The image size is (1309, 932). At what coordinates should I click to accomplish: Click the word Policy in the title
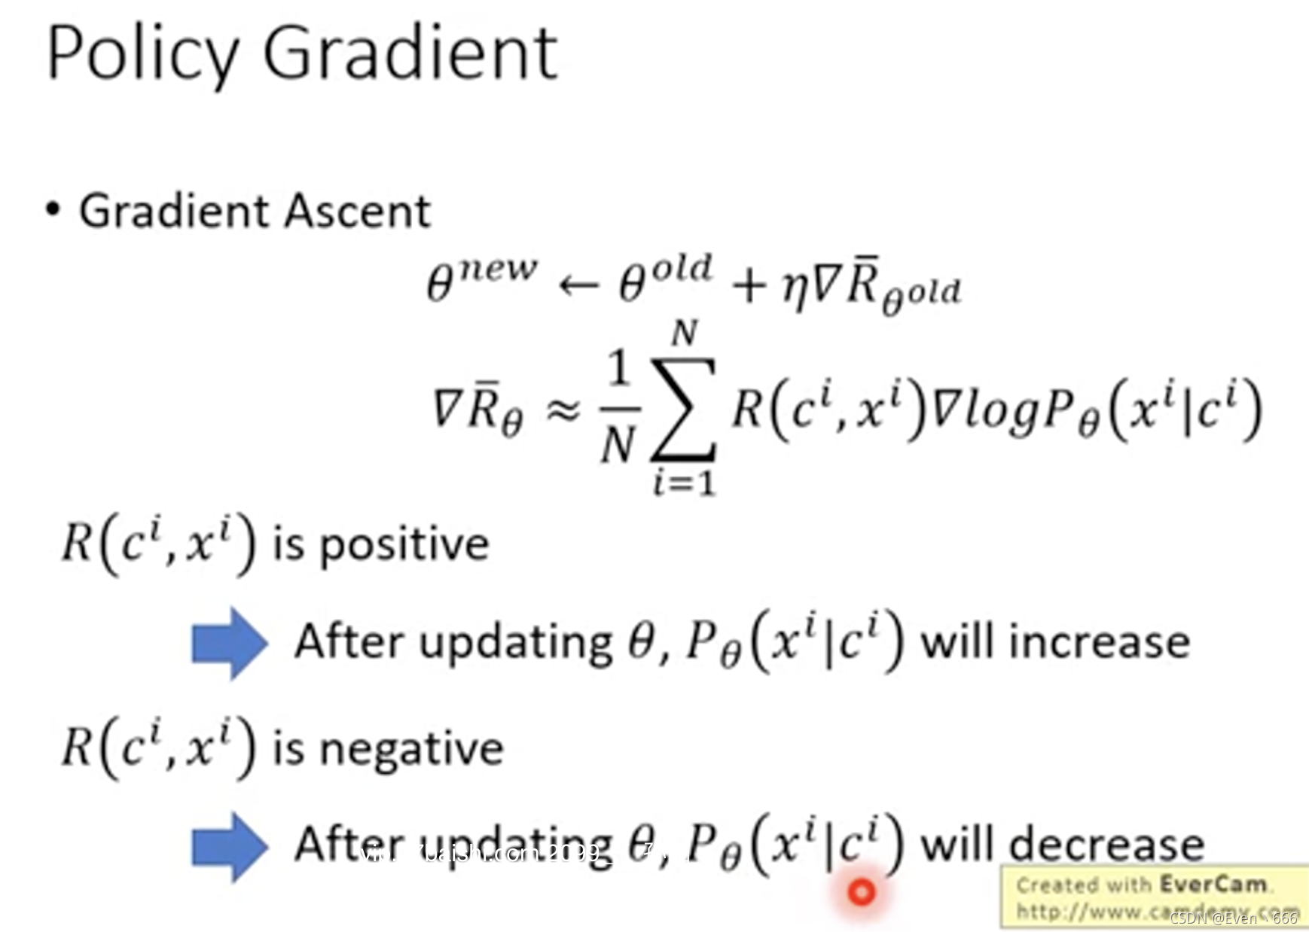[142, 54]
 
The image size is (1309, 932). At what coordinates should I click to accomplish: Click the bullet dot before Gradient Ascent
[52, 209]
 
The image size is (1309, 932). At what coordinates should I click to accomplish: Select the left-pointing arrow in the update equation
[578, 285]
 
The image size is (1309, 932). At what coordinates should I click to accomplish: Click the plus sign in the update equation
[749, 287]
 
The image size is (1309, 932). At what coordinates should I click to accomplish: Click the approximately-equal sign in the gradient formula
[563, 410]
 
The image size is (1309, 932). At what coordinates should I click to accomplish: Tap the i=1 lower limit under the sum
[684, 483]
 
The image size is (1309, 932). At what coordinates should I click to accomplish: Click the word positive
[404, 545]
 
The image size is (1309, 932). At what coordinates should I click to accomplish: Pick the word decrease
[1106, 844]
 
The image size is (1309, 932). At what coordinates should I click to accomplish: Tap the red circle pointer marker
[862, 892]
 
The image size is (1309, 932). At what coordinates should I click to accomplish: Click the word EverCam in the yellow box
[1213, 884]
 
